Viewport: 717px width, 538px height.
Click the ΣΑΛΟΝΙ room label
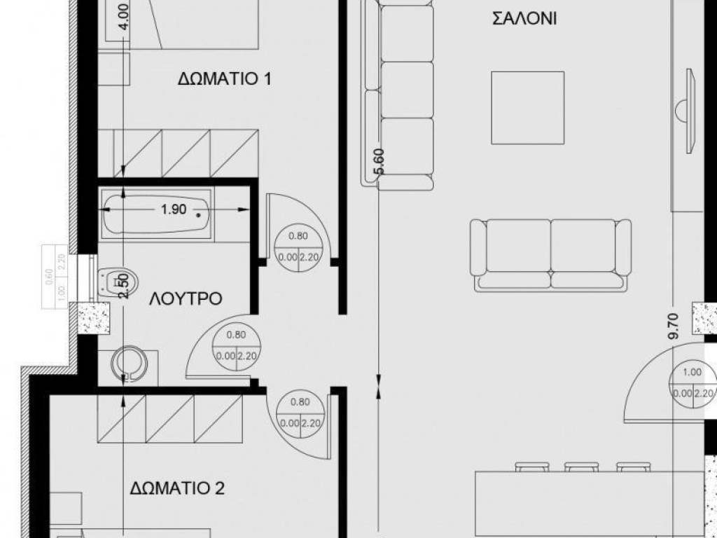pyautogui.click(x=524, y=19)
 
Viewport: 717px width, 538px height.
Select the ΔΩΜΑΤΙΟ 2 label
pyautogui.click(x=177, y=488)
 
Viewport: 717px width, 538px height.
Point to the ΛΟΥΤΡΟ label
pyautogui.click(x=186, y=299)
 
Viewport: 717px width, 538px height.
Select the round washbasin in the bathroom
pyautogui.click(x=130, y=363)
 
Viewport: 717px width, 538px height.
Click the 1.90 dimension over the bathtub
pyautogui.click(x=174, y=209)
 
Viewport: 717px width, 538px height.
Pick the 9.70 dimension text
pyautogui.click(x=674, y=326)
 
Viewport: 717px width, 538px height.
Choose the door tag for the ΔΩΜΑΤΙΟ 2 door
pyautogui.click(x=299, y=413)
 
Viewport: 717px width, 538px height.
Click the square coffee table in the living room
pyautogui.click(x=528, y=106)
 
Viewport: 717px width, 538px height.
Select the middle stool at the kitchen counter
pyautogui.click(x=580, y=466)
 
